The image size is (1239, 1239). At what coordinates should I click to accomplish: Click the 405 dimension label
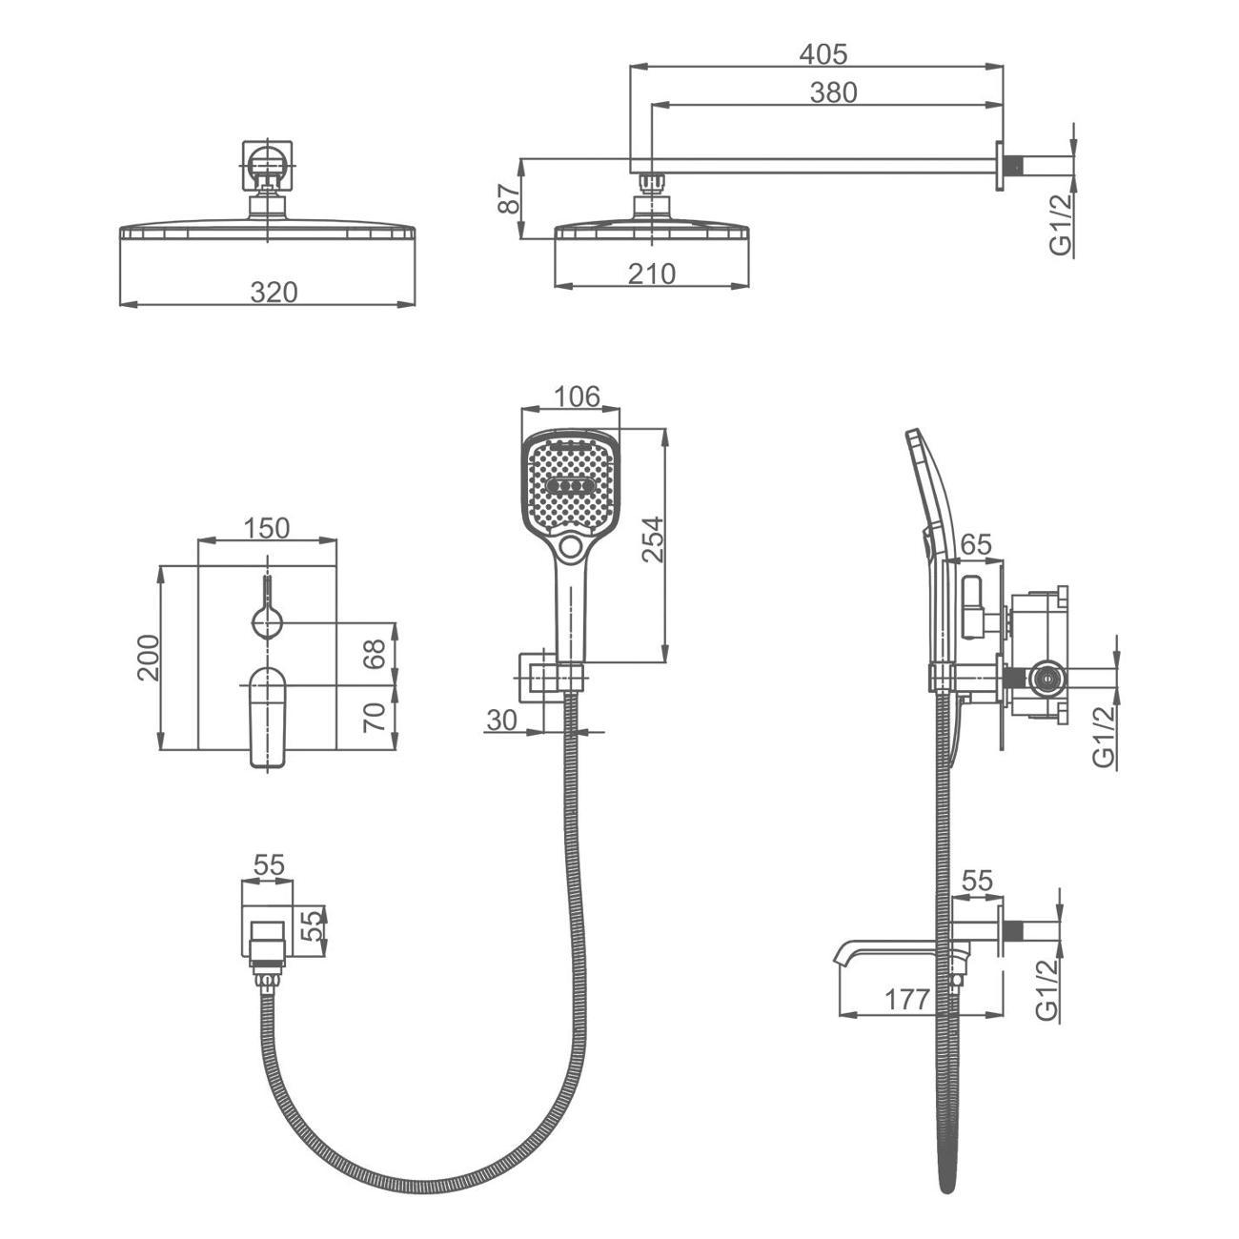pyautogui.click(x=823, y=54)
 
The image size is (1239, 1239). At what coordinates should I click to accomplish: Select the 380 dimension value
pyautogui.click(x=833, y=92)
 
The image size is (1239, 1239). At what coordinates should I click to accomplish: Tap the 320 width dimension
pyautogui.click(x=274, y=292)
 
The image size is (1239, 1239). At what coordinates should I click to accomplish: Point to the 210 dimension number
pyautogui.click(x=652, y=274)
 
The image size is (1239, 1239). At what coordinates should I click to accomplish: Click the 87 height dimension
pyautogui.click(x=509, y=199)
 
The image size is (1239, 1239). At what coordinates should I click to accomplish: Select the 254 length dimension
pyautogui.click(x=653, y=538)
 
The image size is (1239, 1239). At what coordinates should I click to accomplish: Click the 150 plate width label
pyautogui.click(x=266, y=527)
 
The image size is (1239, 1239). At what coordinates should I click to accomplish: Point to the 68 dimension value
pyautogui.click(x=376, y=653)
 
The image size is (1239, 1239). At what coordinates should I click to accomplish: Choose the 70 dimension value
pyautogui.click(x=376, y=716)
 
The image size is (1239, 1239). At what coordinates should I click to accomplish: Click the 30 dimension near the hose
pyautogui.click(x=502, y=721)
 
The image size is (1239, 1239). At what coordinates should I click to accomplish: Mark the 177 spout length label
pyautogui.click(x=906, y=1000)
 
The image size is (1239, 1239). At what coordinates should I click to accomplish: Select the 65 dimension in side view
pyautogui.click(x=975, y=545)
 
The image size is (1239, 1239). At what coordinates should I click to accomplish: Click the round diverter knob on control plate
pyautogui.click(x=268, y=623)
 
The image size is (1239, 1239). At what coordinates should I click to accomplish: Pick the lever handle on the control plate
pyautogui.click(x=268, y=715)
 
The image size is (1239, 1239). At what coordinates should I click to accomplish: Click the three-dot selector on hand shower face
pyautogui.click(x=569, y=487)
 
